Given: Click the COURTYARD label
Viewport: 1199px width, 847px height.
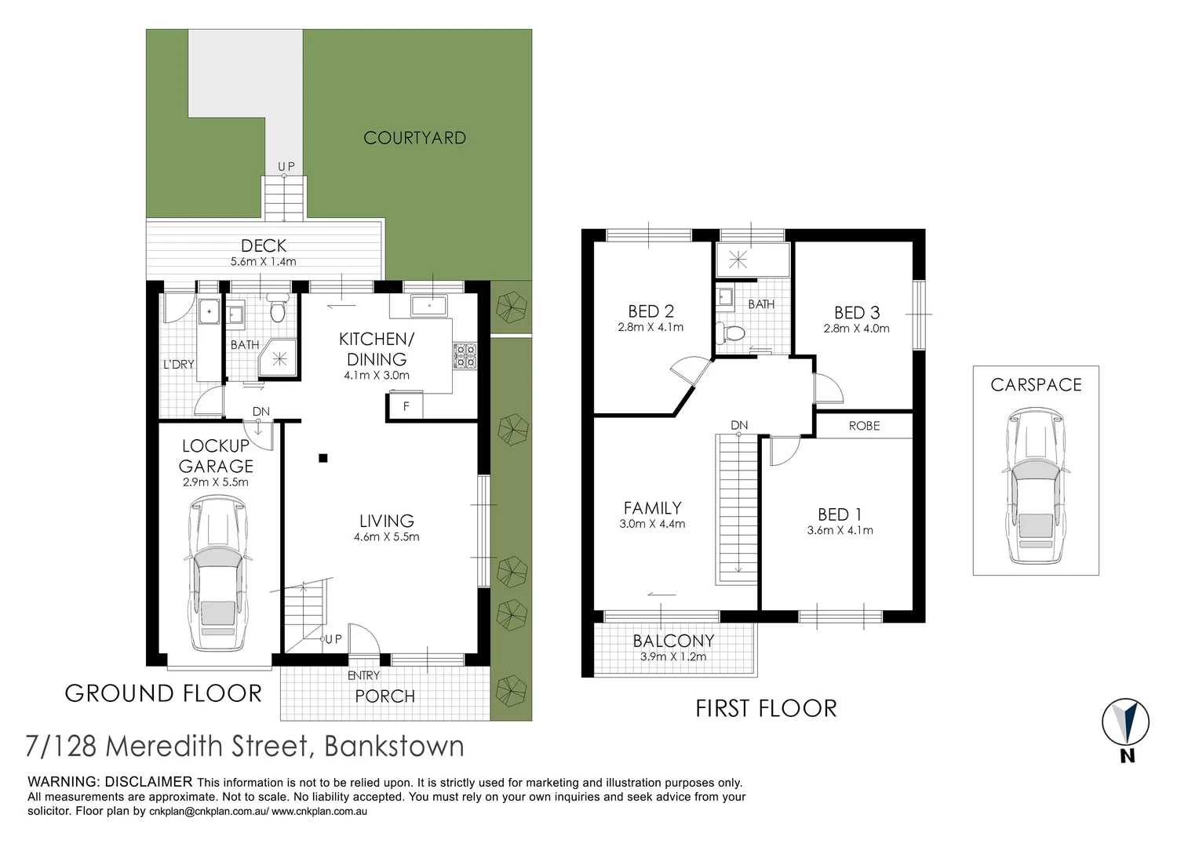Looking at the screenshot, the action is (x=414, y=138).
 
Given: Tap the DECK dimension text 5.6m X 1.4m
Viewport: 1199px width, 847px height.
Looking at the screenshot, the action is (x=263, y=262).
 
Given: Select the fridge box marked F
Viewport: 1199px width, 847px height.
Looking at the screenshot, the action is (x=405, y=406).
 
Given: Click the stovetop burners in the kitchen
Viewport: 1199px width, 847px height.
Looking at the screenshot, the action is (x=465, y=356).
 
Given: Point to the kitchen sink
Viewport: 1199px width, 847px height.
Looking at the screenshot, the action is (x=428, y=307).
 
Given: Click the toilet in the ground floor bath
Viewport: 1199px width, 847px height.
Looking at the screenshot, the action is (x=277, y=309).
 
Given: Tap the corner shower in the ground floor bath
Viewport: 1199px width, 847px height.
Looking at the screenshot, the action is (x=278, y=358).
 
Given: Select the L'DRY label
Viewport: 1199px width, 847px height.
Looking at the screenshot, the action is (x=179, y=365).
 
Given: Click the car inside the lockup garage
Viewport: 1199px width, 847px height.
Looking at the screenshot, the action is (x=217, y=573).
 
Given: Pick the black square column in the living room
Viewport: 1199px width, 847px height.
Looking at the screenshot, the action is (x=323, y=458).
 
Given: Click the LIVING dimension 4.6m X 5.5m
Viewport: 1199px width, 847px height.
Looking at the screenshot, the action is (x=387, y=536).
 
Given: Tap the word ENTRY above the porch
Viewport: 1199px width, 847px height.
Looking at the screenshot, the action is (x=364, y=675).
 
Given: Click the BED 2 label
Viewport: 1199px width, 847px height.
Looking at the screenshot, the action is (x=651, y=311).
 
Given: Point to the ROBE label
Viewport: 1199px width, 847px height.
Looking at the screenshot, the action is (x=865, y=426).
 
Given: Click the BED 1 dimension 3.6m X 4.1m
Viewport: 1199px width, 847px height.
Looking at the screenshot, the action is (x=840, y=530).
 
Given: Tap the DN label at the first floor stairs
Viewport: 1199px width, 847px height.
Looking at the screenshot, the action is (x=739, y=425).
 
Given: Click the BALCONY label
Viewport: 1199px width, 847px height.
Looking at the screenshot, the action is (x=673, y=641).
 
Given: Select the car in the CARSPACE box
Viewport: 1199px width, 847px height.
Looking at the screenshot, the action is (x=1036, y=485).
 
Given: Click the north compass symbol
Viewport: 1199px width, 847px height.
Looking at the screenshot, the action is (x=1126, y=722).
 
